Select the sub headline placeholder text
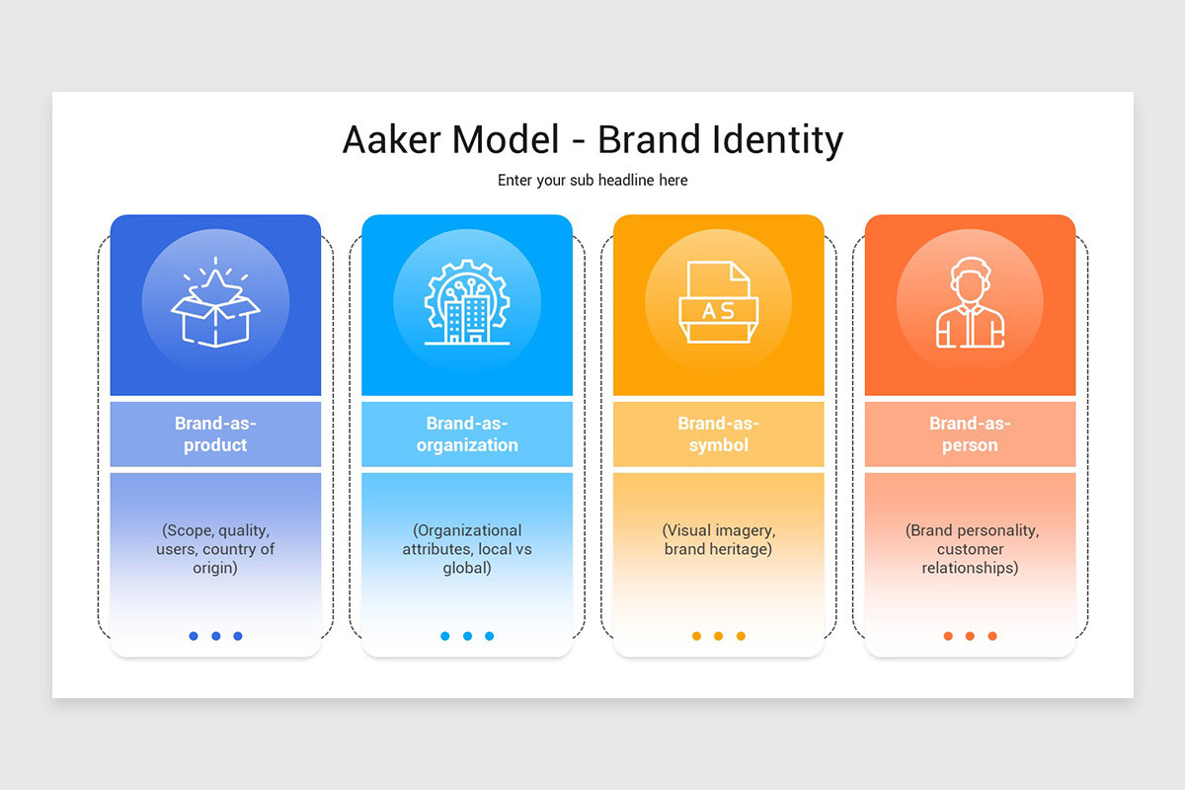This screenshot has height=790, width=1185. (x=592, y=181)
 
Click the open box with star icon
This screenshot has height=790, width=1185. (x=215, y=303)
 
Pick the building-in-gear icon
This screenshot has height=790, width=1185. (x=467, y=303)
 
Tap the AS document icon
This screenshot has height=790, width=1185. (x=718, y=303)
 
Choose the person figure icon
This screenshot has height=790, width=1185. (x=970, y=303)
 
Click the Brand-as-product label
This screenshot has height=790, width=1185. (x=215, y=434)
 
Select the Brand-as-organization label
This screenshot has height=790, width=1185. (x=467, y=434)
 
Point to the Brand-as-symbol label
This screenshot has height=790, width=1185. (x=718, y=434)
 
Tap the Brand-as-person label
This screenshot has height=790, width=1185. (x=970, y=434)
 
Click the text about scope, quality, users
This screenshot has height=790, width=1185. (x=215, y=549)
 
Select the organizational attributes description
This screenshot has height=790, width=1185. (x=467, y=549)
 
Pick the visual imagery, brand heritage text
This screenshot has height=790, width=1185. (x=718, y=539)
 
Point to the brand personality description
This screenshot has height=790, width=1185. (x=970, y=549)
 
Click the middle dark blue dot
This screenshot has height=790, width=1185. (x=215, y=636)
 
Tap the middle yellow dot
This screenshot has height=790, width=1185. (x=718, y=636)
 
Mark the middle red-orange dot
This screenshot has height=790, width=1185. (x=970, y=636)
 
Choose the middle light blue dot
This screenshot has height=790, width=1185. (x=467, y=636)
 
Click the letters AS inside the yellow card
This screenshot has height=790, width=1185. (x=718, y=311)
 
